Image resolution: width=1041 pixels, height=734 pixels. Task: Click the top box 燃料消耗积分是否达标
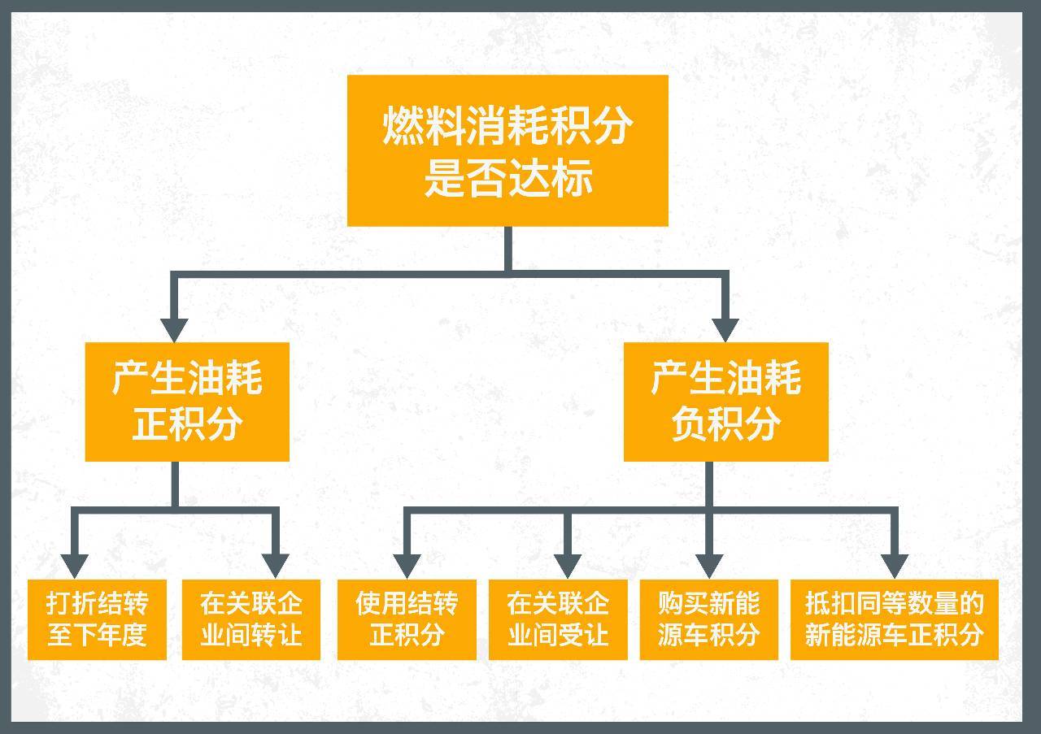[508, 150]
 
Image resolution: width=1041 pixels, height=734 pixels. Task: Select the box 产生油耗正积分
[187, 402]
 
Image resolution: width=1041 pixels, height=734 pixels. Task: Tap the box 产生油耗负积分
[726, 402]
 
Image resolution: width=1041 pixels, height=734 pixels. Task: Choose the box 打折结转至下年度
[97, 619]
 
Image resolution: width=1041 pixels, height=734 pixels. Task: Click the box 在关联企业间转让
[251, 619]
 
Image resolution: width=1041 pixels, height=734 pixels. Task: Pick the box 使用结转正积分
[407, 619]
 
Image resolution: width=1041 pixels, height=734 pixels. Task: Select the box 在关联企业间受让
[558, 619]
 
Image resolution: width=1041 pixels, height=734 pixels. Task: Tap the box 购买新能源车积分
[708, 619]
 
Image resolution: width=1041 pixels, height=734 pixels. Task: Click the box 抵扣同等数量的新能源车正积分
[895, 619]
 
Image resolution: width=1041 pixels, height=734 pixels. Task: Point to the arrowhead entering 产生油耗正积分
[174, 331]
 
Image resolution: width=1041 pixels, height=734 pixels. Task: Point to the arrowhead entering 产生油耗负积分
[725, 331]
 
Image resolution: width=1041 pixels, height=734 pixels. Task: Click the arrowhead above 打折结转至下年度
[75, 567]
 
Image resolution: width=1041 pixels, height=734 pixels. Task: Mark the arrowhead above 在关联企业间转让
[276, 567]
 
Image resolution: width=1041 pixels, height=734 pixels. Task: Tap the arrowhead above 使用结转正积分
[407, 567]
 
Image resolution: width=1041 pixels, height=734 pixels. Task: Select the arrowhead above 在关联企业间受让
[568, 567]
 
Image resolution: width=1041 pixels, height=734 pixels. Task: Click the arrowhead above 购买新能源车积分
[709, 567]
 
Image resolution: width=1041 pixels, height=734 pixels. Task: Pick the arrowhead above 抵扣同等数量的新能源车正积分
[895, 567]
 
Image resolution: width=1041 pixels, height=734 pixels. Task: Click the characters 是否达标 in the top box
[508, 177]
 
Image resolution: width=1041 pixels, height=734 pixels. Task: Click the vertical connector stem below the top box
[508, 249]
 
